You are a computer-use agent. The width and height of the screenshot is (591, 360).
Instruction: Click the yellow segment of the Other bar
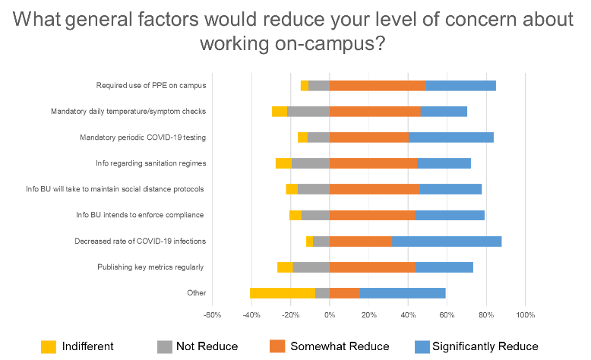(x=282, y=293)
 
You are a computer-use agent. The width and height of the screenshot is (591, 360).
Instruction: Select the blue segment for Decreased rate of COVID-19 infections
(x=447, y=242)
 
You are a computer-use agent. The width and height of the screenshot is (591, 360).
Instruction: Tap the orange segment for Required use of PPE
(x=378, y=85)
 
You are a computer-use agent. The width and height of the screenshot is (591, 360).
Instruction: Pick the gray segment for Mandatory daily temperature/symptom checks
(x=308, y=111)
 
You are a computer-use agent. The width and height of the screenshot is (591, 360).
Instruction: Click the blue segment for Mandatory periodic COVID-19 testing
(x=451, y=137)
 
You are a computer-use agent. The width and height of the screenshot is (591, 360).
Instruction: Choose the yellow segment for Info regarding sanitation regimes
(x=283, y=163)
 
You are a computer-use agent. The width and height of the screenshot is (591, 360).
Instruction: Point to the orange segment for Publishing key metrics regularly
(x=372, y=267)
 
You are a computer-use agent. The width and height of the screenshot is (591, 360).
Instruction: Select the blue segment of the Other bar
(x=403, y=293)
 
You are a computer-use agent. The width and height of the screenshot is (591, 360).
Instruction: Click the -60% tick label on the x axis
(x=212, y=314)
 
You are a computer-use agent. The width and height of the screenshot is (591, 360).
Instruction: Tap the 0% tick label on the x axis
(x=329, y=314)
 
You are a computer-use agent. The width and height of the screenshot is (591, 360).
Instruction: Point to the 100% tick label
(x=525, y=314)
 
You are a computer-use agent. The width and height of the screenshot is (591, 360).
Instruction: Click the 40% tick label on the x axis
(x=407, y=314)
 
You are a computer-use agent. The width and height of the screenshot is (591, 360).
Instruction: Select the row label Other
(x=196, y=294)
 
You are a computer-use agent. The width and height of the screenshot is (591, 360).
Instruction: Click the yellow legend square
(x=49, y=346)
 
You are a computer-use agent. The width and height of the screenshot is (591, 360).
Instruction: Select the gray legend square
(x=165, y=346)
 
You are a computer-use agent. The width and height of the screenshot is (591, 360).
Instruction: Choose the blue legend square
(x=422, y=346)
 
